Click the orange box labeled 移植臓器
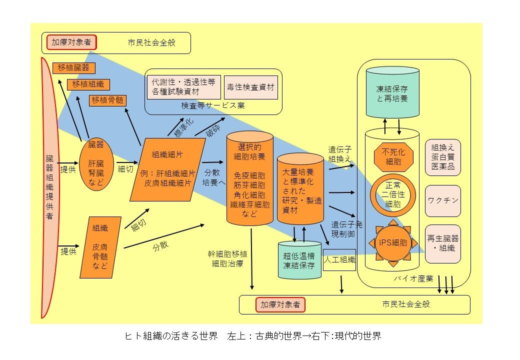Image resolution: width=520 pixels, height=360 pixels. pyautogui.click(x=73, y=67)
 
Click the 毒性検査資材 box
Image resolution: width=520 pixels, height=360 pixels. pyautogui.click(x=250, y=87)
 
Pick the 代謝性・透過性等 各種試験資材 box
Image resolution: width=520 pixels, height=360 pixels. pyautogui.click(x=183, y=87)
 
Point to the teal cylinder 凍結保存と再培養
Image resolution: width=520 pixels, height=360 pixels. pyautogui.click(x=392, y=92)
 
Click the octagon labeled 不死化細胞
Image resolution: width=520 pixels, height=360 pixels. pyautogui.click(x=393, y=156)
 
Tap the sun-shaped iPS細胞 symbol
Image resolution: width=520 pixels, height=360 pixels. pyautogui.click(x=393, y=243)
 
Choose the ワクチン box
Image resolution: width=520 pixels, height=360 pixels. pyautogui.click(x=443, y=200)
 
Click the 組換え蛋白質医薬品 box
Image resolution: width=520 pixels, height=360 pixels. pyautogui.click(x=443, y=157)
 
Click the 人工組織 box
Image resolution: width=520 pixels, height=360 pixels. pyautogui.click(x=339, y=259)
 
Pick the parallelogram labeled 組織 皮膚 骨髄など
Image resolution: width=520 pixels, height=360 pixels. pyautogui.click(x=100, y=247)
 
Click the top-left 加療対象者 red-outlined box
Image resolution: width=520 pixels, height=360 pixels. pyautogui.click(x=71, y=42)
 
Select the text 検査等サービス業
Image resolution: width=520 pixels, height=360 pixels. pyautogui.click(x=213, y=106)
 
